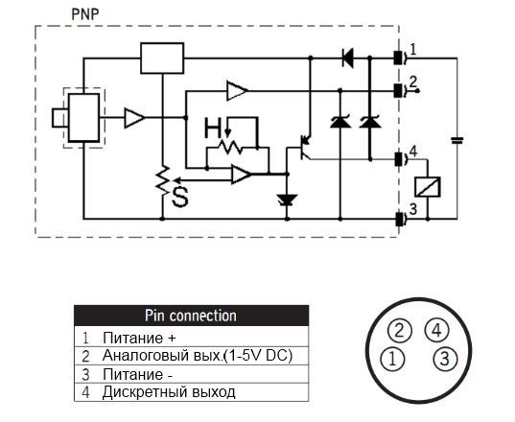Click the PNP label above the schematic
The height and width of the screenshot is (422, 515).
click(x=85, y=14)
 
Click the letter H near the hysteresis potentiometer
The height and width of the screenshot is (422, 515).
click(x=213, y=128)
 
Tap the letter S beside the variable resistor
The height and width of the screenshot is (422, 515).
click(x=180, y=197)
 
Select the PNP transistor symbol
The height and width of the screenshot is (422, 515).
click(x=306, y=147)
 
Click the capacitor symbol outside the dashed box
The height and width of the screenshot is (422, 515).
click(x=456, y=141)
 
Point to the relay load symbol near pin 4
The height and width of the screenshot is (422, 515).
click(x=428, y=187)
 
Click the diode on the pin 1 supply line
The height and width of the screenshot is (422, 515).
click(x=348, y=59)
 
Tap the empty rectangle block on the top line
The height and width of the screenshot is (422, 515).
click(x=162, y=59)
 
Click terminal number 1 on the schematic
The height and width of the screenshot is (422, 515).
click(x=413, y=50)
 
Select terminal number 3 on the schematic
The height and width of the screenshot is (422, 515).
click(x=412, y=209)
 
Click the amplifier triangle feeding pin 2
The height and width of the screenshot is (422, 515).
click(x=237, y=90)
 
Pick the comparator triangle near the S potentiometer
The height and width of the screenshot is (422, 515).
click(x=242, y=174)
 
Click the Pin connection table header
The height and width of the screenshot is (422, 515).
click(x=191, y=316)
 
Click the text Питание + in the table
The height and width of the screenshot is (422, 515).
click(x=139, y=338)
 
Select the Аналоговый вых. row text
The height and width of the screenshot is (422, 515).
click(x=197, y=356)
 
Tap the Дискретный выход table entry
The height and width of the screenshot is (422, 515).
click(x=169, y=392)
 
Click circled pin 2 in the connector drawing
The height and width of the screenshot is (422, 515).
click(x=399, y=330)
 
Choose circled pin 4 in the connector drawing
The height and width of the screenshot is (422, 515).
click(x=436, y=330)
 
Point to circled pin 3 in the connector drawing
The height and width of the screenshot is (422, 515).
click(x=444, y=359)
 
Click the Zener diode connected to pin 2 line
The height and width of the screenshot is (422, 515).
click(x=339, y=122)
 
